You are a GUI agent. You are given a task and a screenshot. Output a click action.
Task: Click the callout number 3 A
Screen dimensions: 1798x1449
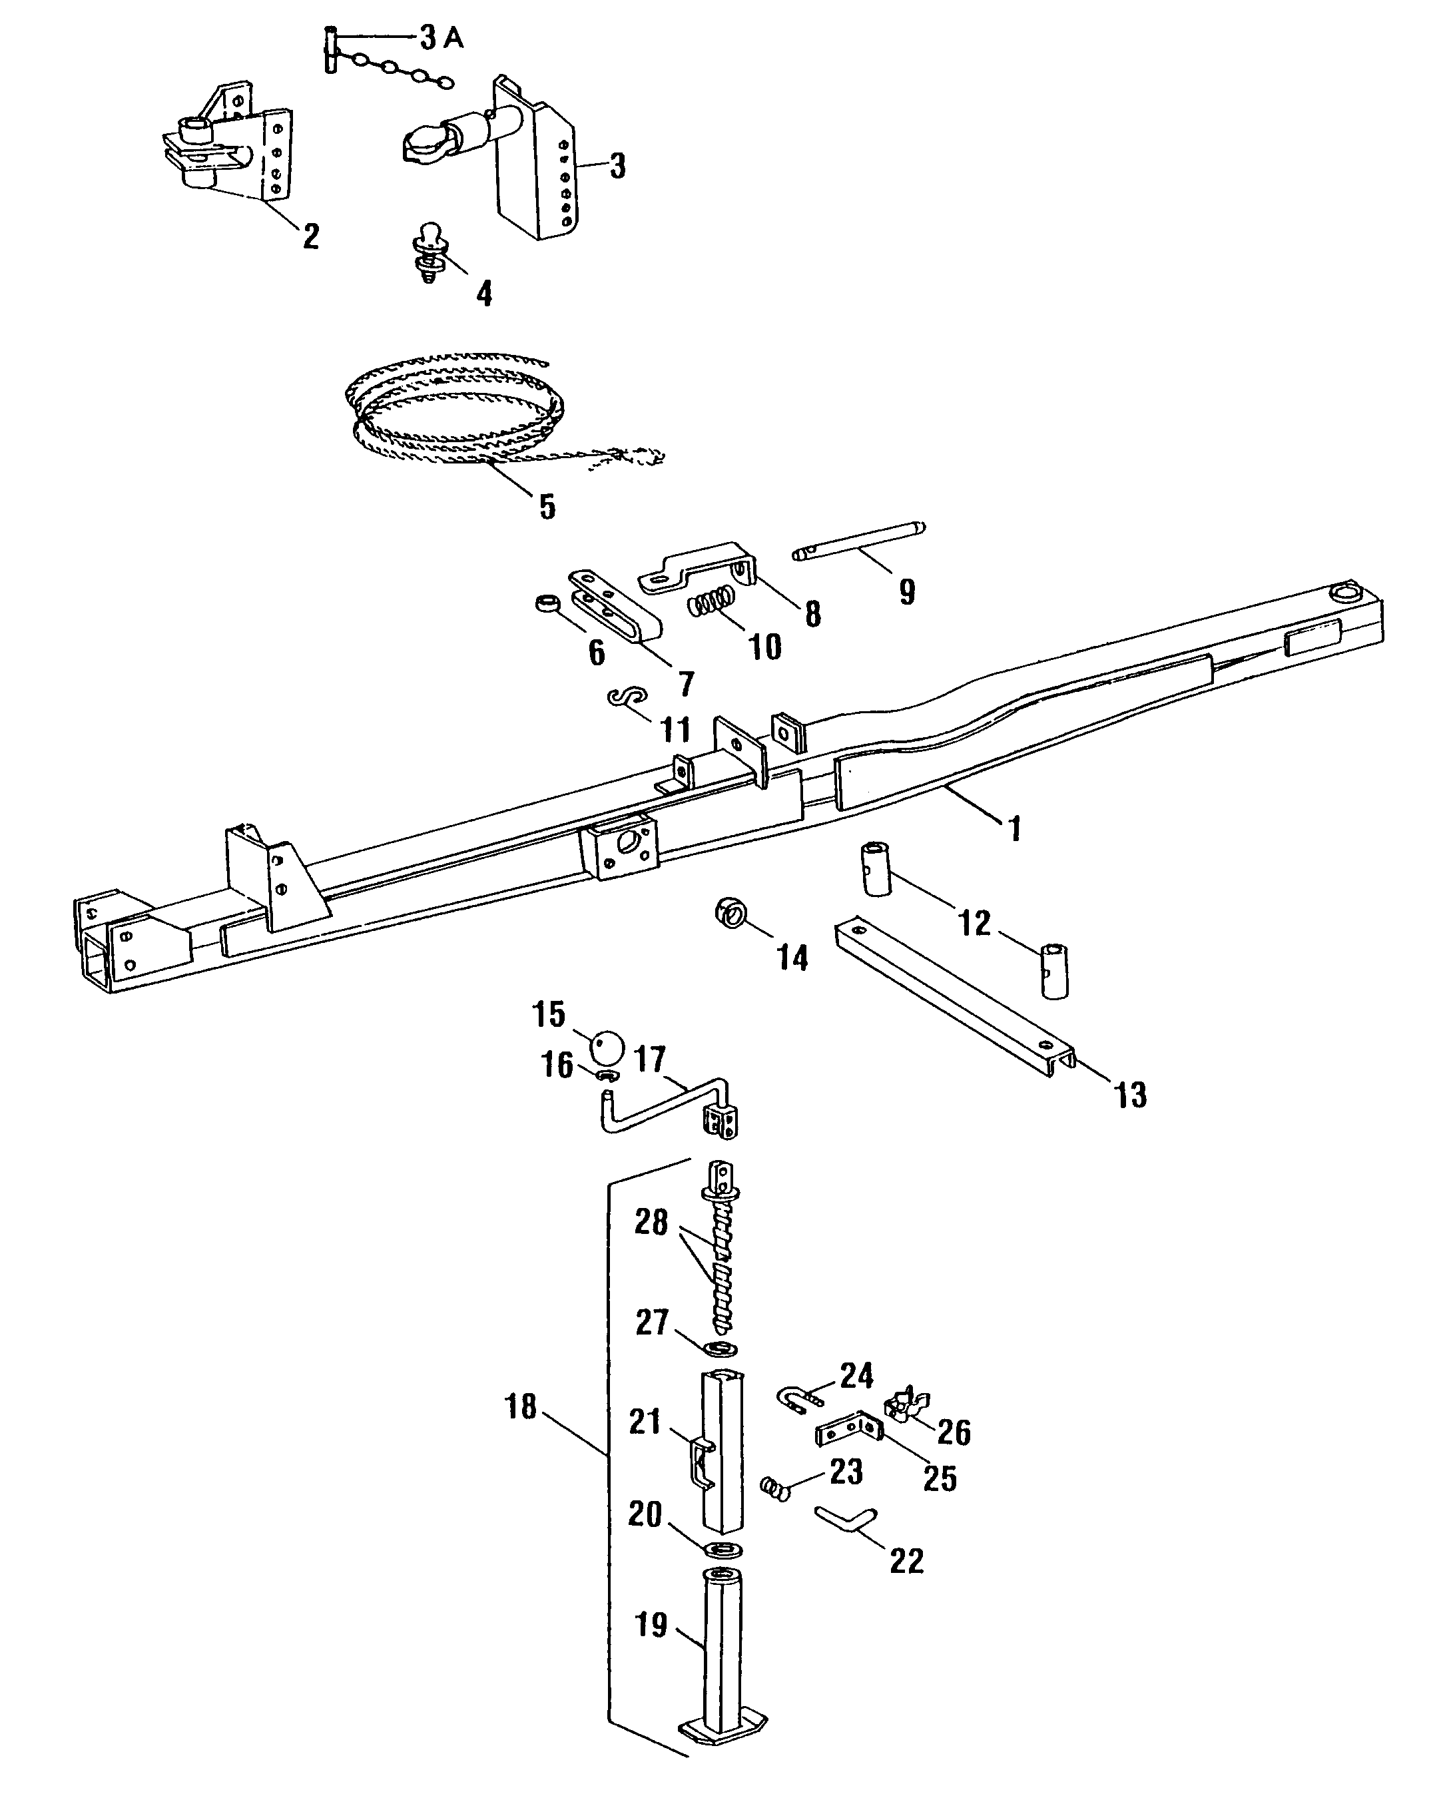(441, 39)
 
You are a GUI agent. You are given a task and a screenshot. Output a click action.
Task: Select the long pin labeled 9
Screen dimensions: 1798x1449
(860, 542)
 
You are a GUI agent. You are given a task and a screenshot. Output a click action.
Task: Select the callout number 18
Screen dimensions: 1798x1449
(521, 1407)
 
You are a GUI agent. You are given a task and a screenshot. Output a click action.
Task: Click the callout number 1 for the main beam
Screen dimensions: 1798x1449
(1014, 829)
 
